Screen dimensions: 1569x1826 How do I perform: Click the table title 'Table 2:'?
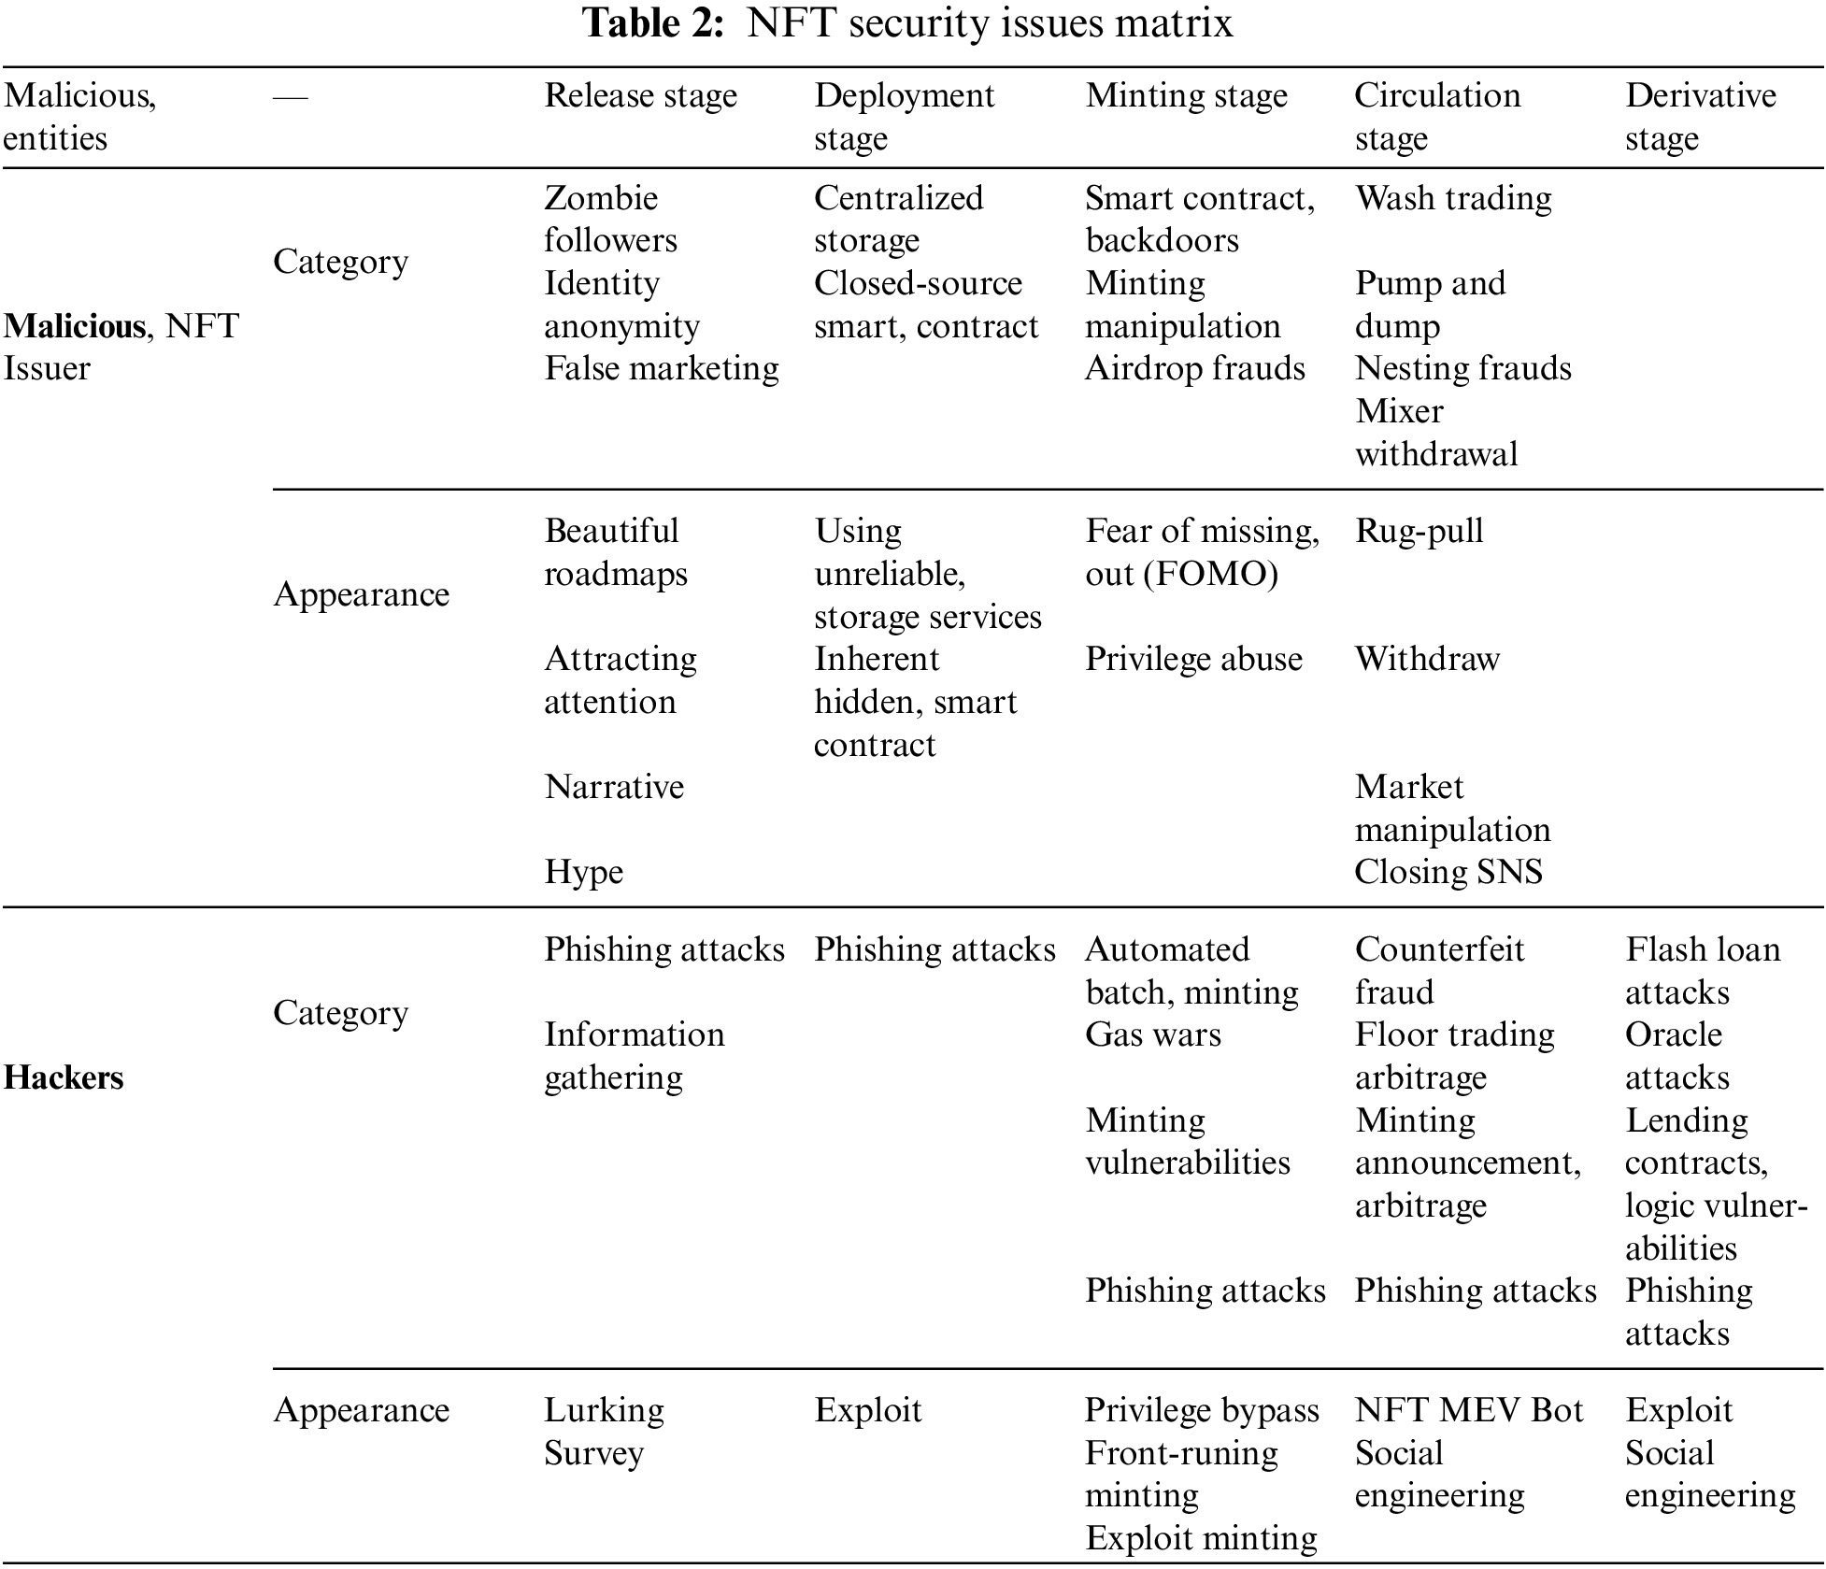pos(653,23)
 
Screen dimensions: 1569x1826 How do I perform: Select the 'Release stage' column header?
pos(640,95)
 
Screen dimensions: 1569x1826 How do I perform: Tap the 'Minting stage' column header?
pos(1186,95)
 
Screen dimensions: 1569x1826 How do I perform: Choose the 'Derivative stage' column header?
pos(1700,116)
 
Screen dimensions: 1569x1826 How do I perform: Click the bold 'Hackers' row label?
pos(64,1077)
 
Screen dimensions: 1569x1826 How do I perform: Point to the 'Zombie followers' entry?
pos(610,219)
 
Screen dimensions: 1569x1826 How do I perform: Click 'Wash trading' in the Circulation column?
pos(1453,198)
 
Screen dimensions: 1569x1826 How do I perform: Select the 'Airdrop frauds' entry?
pos(1194,368)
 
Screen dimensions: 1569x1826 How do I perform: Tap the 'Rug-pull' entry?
pos(1419,531)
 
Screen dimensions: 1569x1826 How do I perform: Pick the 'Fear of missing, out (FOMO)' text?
pos(1202,551)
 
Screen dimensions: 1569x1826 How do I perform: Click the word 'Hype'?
pos(583,872)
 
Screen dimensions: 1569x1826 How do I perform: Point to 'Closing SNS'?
pos(1448,872)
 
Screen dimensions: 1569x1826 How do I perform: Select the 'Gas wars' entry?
pos(1152,1034)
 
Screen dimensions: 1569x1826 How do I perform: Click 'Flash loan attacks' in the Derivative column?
pos(1702,970)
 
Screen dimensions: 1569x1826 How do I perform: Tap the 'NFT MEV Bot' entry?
pos(1468,1410)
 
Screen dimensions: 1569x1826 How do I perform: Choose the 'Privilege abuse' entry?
pos(1193,659)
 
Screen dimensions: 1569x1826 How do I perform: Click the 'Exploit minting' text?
pos(1201,1538)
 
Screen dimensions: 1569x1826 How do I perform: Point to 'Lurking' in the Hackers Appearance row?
pos(604,1410)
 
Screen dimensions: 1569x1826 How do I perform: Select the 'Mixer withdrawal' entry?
pos(1435,433)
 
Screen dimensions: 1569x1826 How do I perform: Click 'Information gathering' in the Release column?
pos(634,1055)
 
